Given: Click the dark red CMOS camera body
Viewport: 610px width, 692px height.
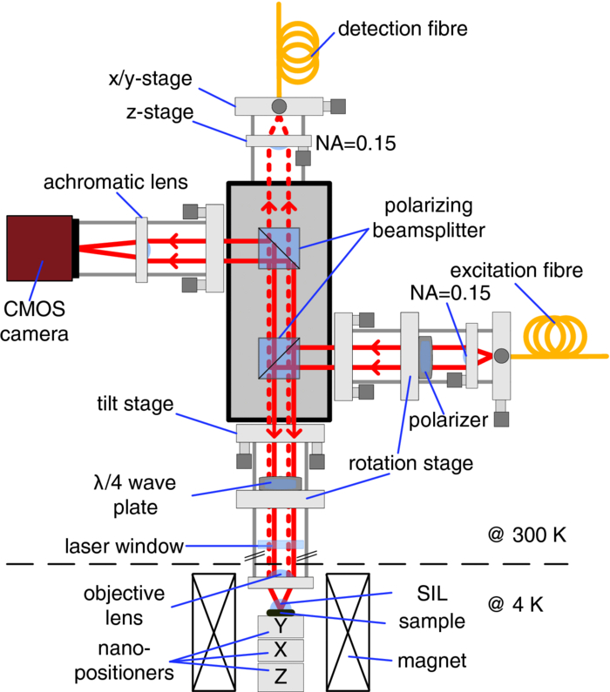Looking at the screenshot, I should coord(39,248).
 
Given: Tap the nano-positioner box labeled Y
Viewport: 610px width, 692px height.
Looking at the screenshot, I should coord(279,626).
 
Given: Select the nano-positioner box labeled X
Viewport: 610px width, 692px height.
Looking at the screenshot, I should coord(279,650).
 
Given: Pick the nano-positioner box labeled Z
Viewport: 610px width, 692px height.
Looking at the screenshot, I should coord(279,675).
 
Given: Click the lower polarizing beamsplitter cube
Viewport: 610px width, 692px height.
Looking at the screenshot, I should coord(279,358).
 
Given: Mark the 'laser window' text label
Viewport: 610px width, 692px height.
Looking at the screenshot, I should coord(125,547).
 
